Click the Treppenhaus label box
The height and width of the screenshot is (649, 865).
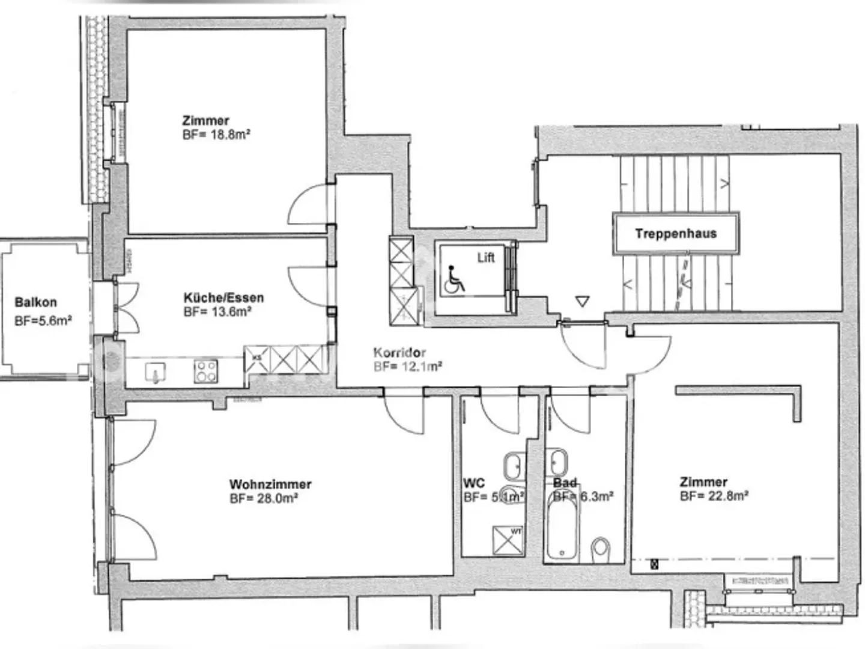(x=676, y=233)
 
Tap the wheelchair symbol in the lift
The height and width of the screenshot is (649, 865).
(x=455, y=280)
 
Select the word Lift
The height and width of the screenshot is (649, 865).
(x=485, y=257)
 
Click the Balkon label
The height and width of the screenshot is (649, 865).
(x=35, y=302)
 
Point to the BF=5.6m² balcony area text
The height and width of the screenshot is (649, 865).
(x=43, y=321)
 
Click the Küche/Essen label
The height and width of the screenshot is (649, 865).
(x=223, y=297)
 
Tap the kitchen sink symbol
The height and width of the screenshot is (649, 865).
(x=156, y=373)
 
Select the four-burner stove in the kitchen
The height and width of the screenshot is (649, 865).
(x=205, y=371)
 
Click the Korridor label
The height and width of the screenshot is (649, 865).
(x=399, y=353)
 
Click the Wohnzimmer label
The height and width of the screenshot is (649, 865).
(x=270, y=484)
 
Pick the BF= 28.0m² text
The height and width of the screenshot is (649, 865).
(x=264, y=498)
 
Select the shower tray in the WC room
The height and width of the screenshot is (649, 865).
(x=508, y=540)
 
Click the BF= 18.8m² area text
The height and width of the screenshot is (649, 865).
(x=216, y=135)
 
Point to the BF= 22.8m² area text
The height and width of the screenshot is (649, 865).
(x=714, y=496)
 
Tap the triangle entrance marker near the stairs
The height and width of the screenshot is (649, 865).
(x=582, y=301)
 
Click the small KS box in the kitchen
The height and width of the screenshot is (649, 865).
(x=257, y=359)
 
